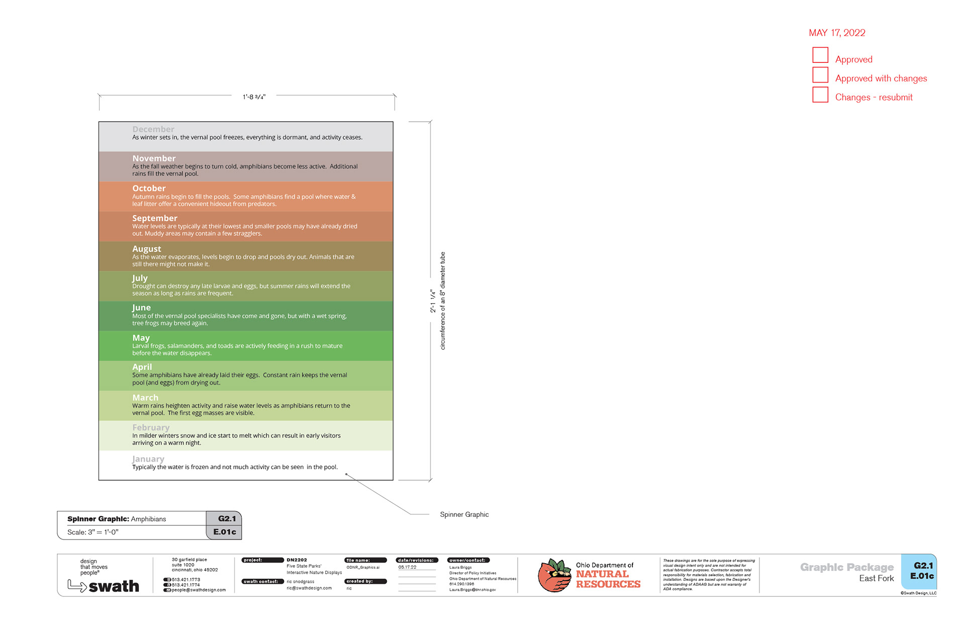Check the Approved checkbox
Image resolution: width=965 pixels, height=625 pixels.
pos(820,55)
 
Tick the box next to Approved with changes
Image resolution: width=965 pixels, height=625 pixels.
pos(820,75)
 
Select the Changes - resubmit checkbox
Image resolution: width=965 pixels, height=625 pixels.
pos(820,95)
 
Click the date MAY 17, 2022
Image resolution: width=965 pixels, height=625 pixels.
pos(837,33)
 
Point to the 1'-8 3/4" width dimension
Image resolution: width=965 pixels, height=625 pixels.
pos(254,97)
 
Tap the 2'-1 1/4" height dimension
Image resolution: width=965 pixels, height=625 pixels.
pos(433,301)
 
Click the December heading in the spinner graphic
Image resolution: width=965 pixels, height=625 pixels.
pos(153,129)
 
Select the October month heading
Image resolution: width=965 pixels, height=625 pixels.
pos(149,189)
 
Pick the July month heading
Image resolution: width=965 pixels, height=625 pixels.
pos(140,278)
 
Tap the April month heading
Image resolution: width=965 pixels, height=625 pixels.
pos(142,367)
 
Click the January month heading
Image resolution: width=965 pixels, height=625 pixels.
pos(148,459)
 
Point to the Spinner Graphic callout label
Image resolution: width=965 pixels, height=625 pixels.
pos(464,514)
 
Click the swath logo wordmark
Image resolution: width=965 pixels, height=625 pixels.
pos(114,586)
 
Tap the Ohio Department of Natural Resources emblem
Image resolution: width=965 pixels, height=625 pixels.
pos(554,575)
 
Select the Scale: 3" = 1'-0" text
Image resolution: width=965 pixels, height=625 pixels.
pos(93,532)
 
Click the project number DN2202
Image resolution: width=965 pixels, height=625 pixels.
pos(297,560)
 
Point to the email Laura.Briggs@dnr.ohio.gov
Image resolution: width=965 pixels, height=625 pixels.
pos(472,590)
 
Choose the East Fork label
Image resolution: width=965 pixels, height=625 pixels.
pos(876,578)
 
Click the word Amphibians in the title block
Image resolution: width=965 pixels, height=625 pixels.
pos(148,519)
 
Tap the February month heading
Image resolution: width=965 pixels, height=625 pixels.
pos(151,427)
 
